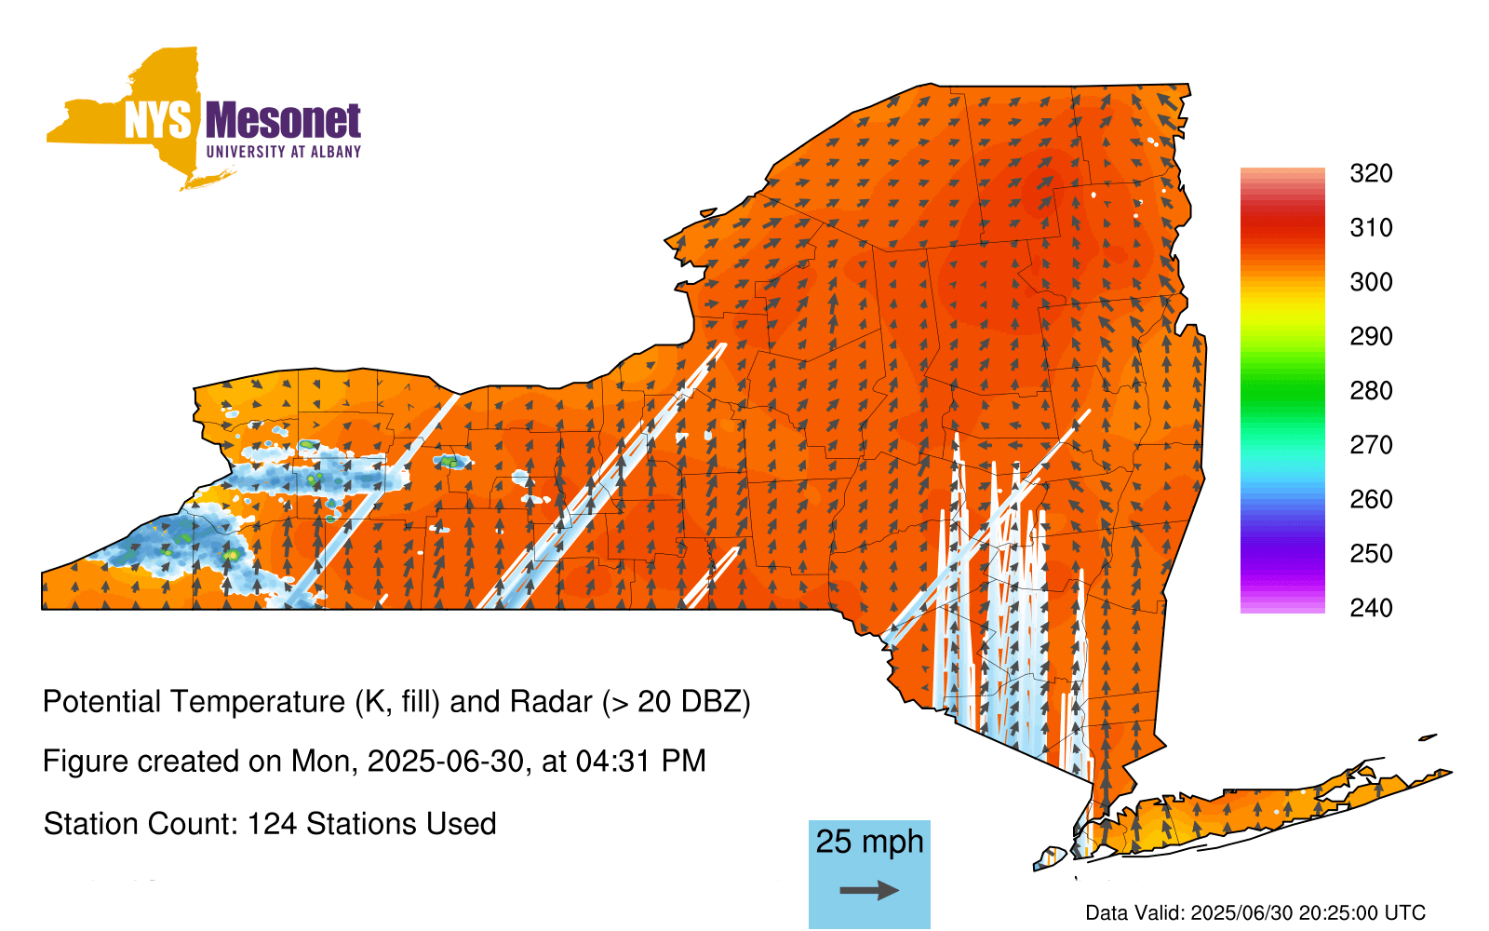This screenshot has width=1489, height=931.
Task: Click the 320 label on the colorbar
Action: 1371,173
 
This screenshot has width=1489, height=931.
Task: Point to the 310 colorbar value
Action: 1371,228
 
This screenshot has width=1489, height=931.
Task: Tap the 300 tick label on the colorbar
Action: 1371,282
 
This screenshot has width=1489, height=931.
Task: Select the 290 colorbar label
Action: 1371,336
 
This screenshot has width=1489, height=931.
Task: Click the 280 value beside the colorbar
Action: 1371,390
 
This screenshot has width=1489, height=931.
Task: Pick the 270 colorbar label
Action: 1371,445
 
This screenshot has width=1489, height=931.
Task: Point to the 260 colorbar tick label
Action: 1371,499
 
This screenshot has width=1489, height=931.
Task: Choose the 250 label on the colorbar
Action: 1371,553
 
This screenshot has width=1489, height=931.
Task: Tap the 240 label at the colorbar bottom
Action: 1371,608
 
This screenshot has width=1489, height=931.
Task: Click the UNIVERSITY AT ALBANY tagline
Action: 283,152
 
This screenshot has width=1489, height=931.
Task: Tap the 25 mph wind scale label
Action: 869,843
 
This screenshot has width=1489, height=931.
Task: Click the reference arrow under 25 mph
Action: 869,890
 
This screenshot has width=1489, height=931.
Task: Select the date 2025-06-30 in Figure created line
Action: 446,762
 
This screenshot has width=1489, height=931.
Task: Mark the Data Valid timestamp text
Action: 1255,912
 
